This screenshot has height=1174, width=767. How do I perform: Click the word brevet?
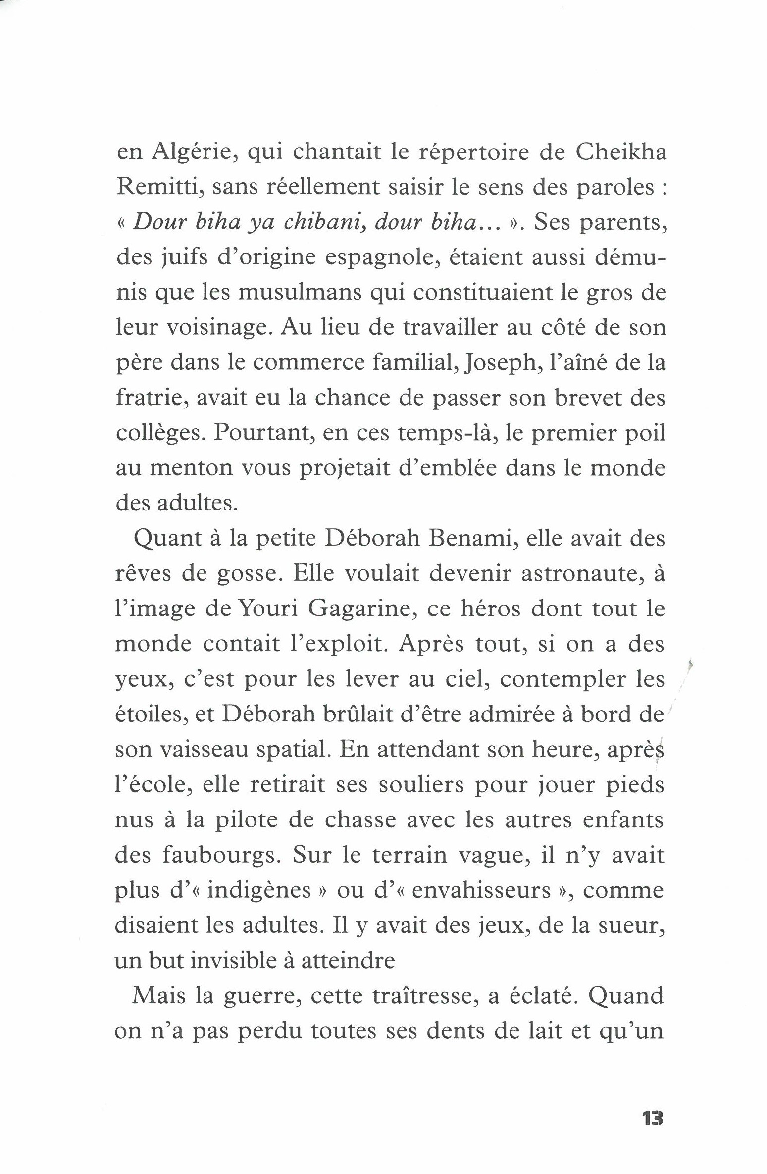(588, 399)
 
